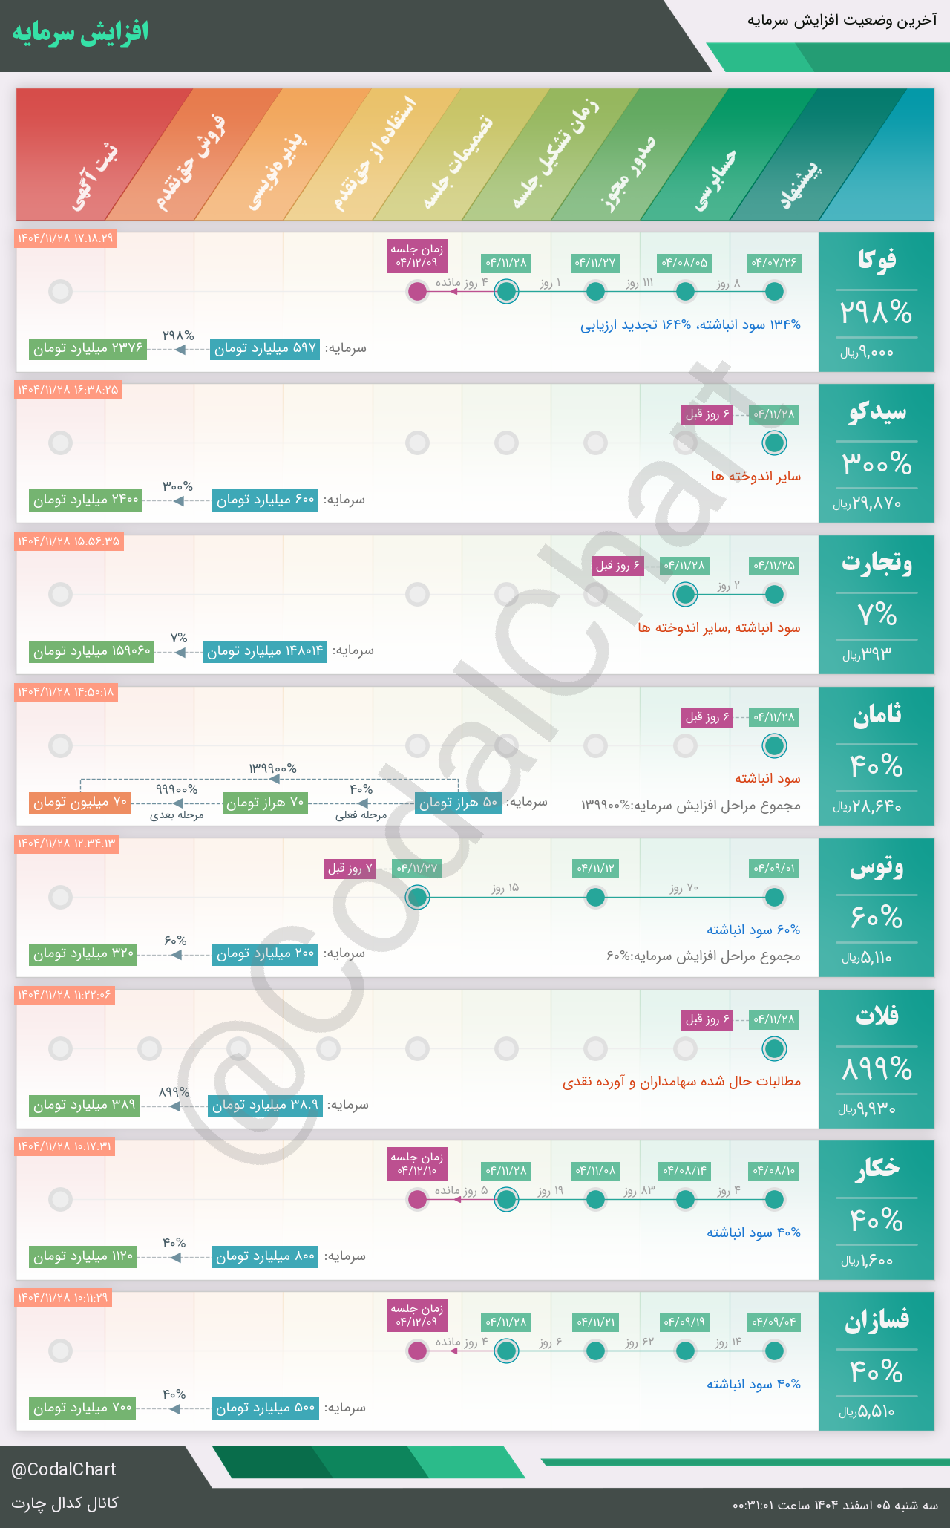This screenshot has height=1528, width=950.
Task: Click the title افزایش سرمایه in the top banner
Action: [80, 33]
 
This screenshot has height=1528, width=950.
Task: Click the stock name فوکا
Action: [876, 260]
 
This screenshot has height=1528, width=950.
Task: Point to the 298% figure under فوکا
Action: [876, 313]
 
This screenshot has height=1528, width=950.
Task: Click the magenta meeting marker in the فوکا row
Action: [418, 291]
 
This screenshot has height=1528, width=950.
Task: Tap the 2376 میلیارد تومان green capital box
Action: [88, 348]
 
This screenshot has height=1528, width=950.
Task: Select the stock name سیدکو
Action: [877, 412]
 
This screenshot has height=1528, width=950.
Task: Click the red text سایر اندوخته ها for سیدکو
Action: [756, 476]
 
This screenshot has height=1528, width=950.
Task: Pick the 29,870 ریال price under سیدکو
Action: [867, 503]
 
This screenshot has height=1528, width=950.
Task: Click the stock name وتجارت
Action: [877, 564]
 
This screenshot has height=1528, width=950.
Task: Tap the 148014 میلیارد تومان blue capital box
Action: [265, 651]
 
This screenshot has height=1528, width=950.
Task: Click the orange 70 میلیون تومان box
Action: [80, 803]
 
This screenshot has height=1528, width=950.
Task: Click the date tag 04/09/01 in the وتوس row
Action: [774, 869]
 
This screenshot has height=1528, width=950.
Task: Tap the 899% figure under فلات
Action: [876, 1069]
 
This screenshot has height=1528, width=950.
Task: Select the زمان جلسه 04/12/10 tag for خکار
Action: [418, 1164]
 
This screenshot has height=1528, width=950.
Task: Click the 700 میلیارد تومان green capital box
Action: [82, 1408]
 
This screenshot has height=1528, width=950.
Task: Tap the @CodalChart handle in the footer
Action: [64, 1469]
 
